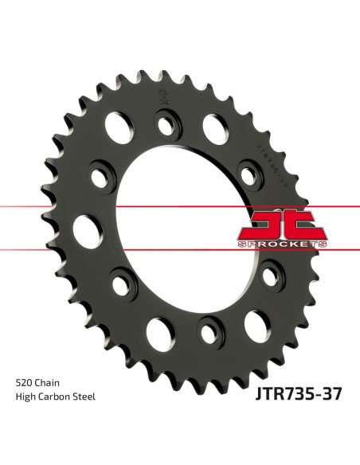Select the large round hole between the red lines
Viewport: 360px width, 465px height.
[x=84, y=230]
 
